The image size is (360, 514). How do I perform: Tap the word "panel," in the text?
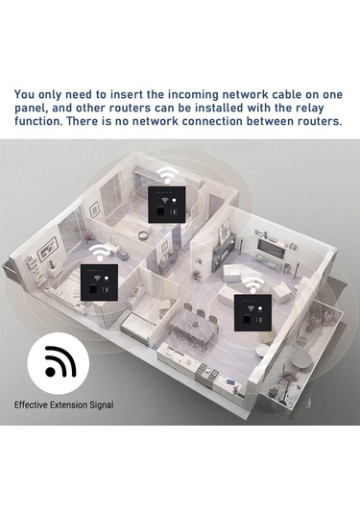[36, 110]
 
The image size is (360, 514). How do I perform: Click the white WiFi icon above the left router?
[97, 250]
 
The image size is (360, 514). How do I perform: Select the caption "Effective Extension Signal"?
[63, 405]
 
